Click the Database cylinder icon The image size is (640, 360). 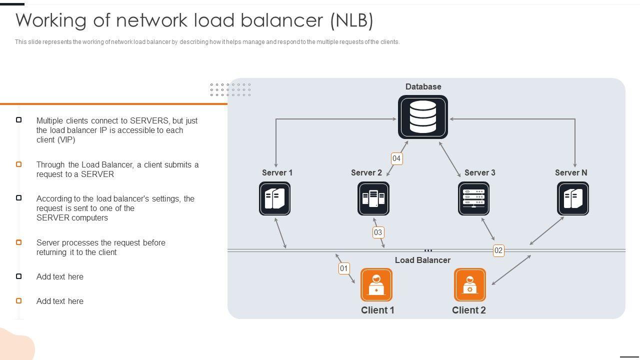(423, 117)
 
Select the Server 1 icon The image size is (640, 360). (274, 198)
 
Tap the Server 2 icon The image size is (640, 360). (373, 198)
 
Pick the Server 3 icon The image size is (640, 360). (473, 198)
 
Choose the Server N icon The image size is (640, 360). (572, 198)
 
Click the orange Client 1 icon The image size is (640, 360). (376, 285)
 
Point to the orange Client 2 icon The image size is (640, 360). (469, 285)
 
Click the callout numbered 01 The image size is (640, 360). (344, 268)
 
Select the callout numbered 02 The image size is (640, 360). (498, 250)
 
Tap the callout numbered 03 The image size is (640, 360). (378, 232)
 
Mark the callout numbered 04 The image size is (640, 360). (396, 158)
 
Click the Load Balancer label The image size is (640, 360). (422, 260)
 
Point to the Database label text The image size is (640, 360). (423, 86)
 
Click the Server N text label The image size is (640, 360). (571, 172)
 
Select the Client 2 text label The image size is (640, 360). (469, 310)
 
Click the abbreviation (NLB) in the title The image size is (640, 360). (351, 20)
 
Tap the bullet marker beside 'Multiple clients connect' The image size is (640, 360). (19, 120)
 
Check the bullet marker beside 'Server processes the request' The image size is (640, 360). (19, 242)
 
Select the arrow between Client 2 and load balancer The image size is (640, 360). (511, 270)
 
